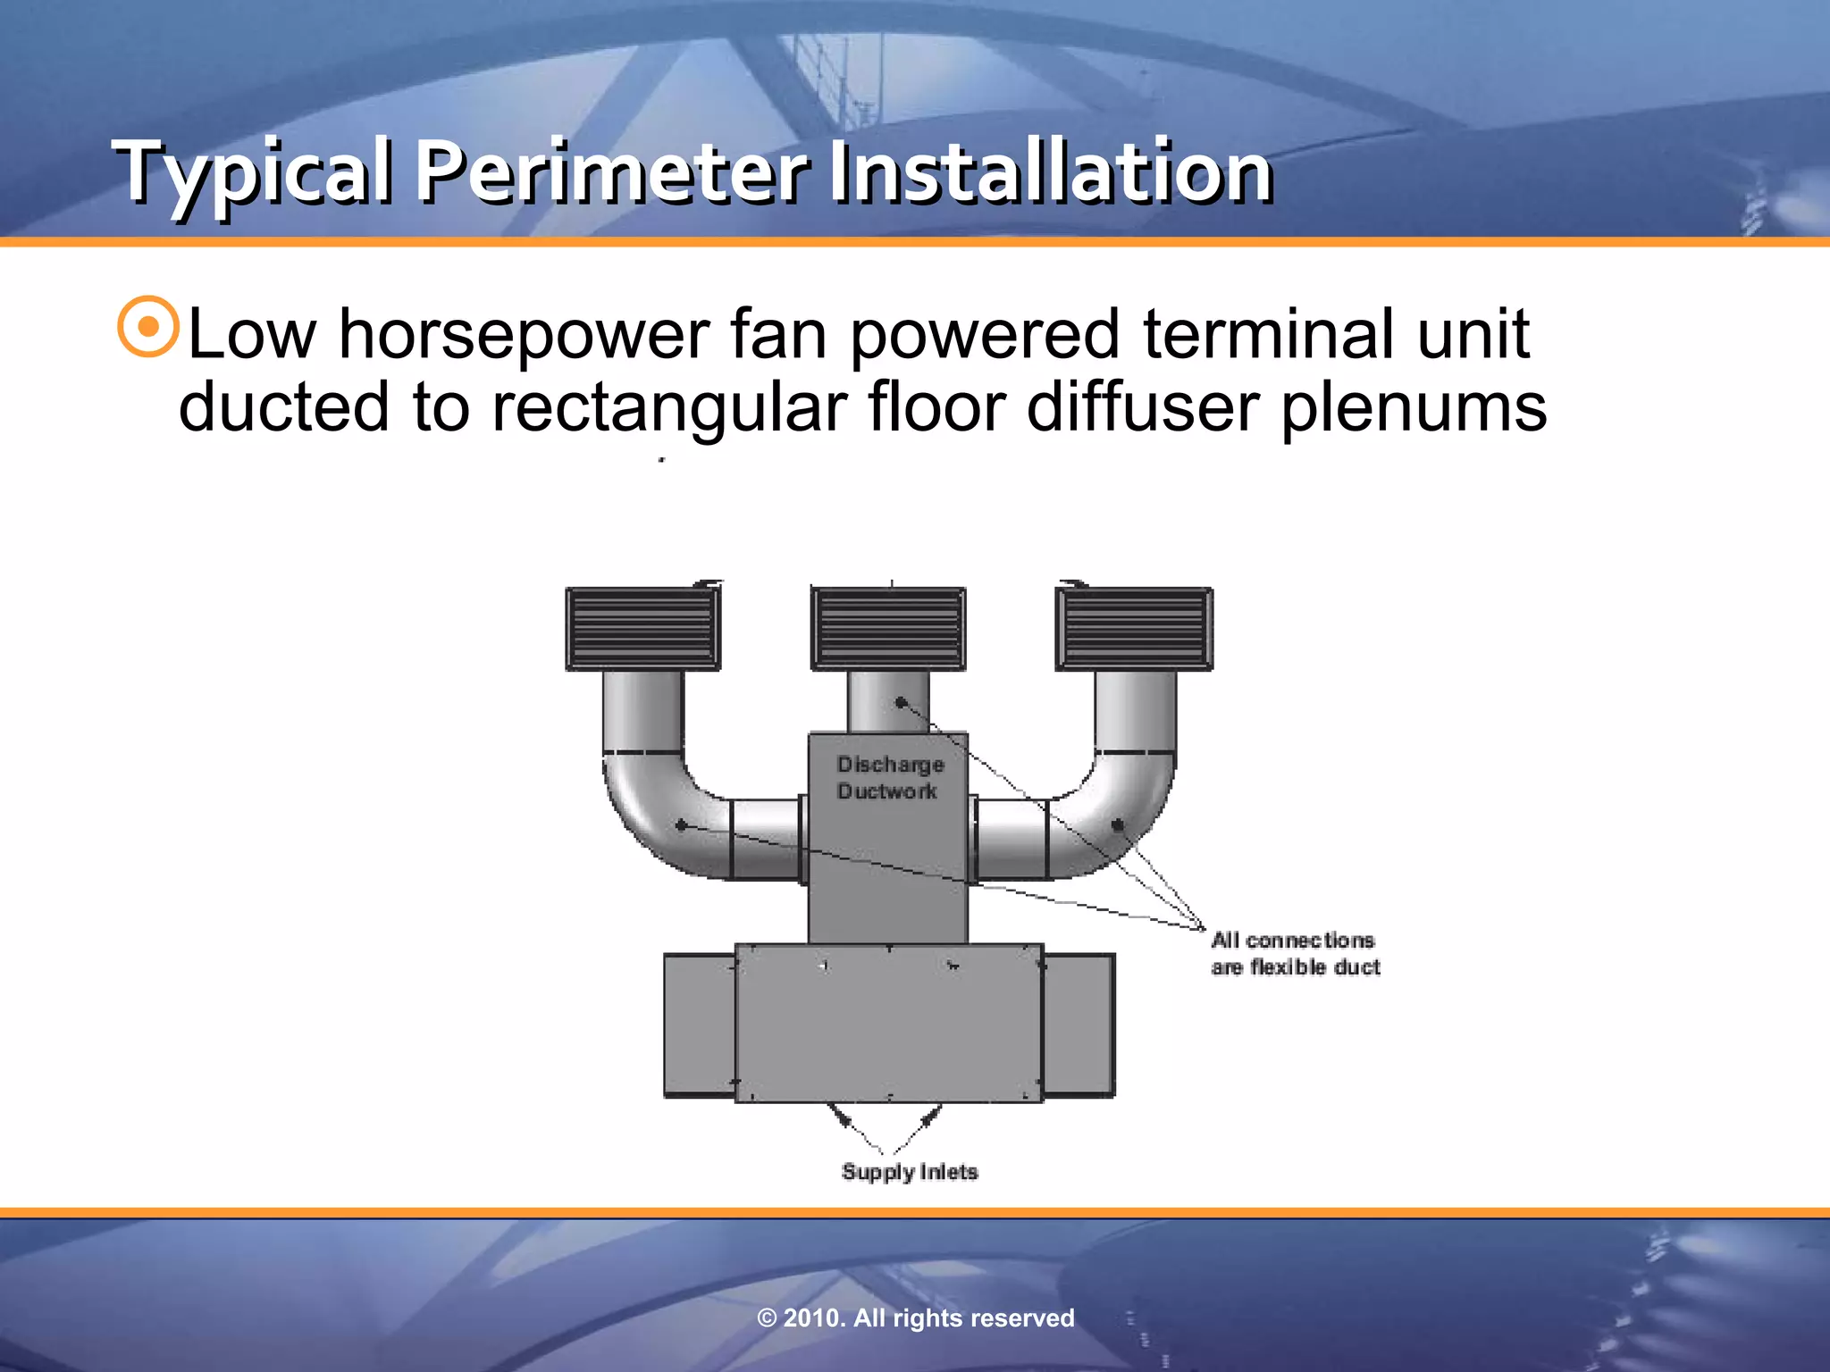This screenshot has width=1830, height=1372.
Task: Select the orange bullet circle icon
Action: coord(148,327)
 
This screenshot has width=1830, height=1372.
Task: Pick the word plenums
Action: coord(1414,407)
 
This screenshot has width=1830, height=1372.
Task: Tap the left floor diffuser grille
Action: coord(642,628)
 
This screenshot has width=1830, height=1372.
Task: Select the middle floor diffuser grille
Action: coord(887,628)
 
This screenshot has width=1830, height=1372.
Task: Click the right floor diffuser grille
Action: coord(1134,628)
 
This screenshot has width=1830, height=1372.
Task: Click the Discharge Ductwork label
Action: coord(890,777)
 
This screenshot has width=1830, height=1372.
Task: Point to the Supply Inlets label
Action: coord(910,1172)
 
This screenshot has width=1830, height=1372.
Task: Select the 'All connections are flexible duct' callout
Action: coord(1295,953)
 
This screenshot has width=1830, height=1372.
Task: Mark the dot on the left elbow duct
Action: coord(681,825)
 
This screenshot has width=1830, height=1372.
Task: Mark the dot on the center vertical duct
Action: coord(901,703)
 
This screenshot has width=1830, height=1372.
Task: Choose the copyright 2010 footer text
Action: coord(915,1318)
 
